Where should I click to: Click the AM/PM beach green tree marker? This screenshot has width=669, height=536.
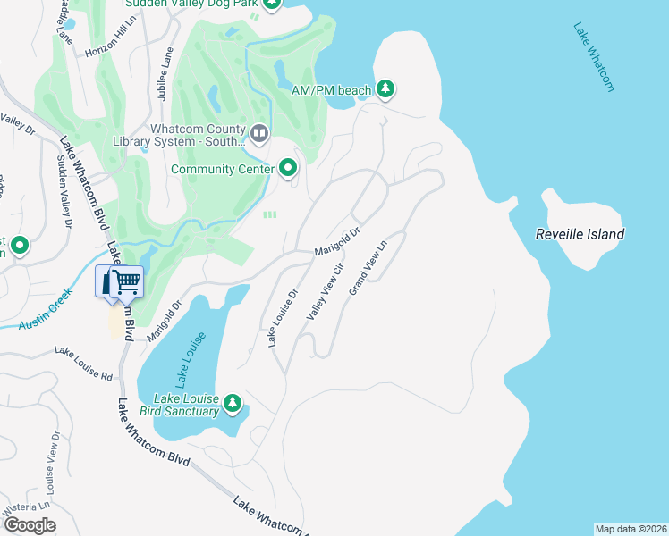coord(385,88)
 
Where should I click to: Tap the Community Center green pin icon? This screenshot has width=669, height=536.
coord(288,167)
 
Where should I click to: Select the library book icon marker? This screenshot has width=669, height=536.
coord(259,134)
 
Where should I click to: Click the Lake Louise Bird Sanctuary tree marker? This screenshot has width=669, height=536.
coord(233,404)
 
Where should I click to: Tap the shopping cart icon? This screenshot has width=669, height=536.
coord(126,281)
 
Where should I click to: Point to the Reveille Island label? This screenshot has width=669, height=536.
coord(579,234)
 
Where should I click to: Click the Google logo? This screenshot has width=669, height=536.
coord(30,525)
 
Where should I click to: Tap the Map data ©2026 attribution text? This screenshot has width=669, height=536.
coord(631,529)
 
